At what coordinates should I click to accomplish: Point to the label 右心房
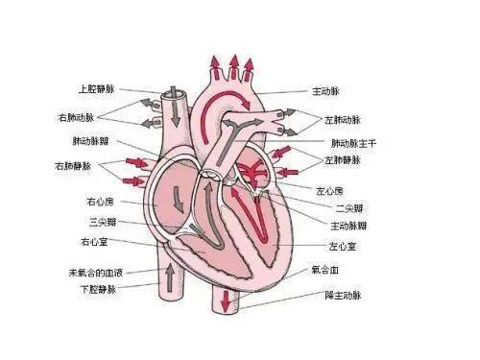100,202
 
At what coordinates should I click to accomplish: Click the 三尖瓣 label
100,222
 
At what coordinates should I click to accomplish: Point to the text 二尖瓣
348,207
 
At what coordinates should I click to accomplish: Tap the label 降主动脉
341,295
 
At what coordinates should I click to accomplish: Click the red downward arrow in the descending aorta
226,300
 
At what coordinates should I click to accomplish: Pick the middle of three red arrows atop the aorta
231,66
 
